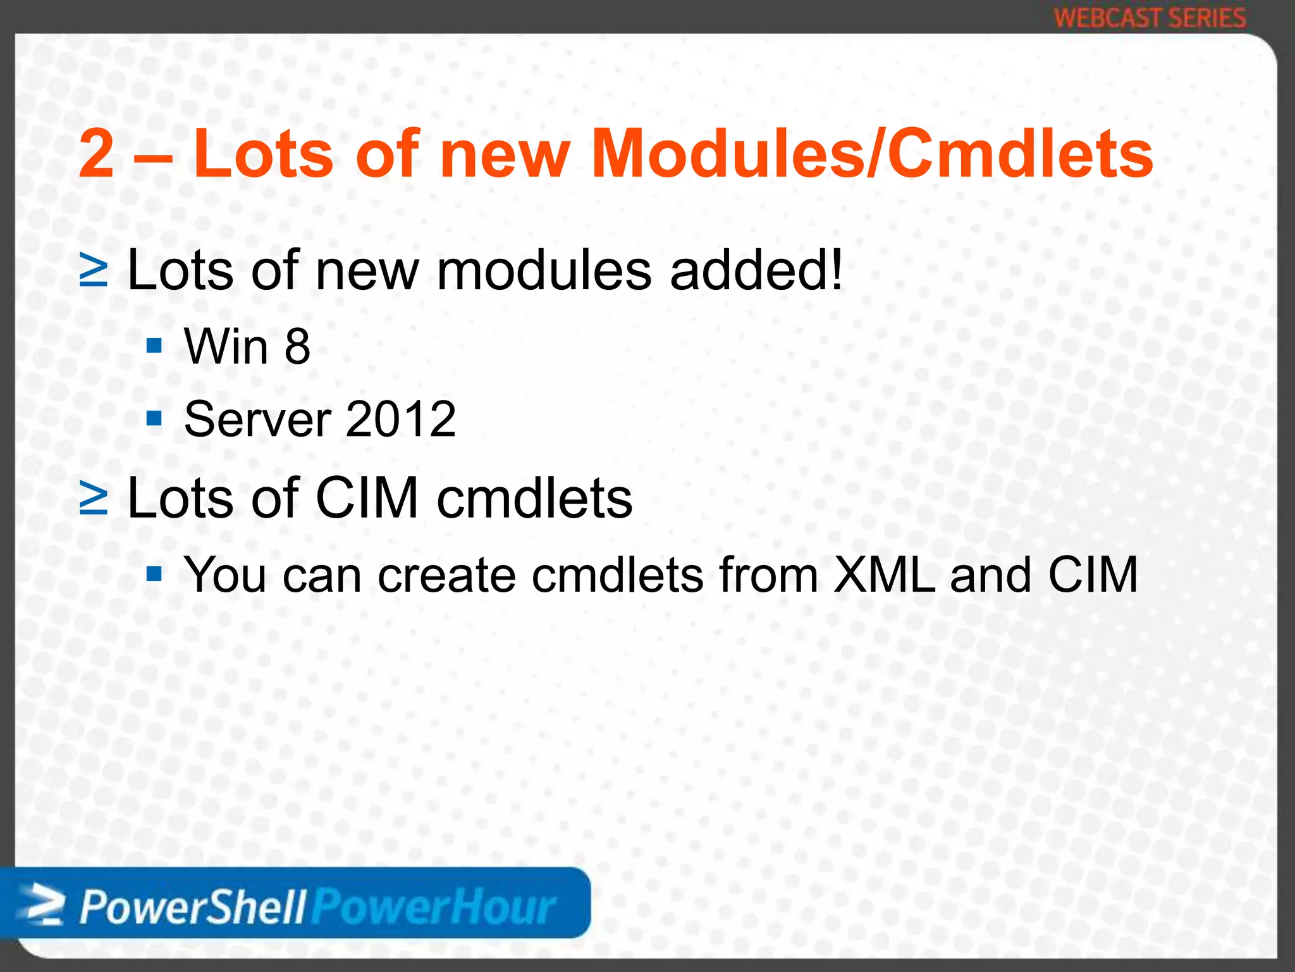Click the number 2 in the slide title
pos(97,154)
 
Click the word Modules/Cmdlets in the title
pos(871,154)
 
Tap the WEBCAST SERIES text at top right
pos(1150,18)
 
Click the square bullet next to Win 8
pos(154,346)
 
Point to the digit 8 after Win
pos(297,347)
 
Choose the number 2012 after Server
pos(400,419)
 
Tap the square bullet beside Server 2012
pos(154,418)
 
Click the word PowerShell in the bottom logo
pos(193,907)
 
